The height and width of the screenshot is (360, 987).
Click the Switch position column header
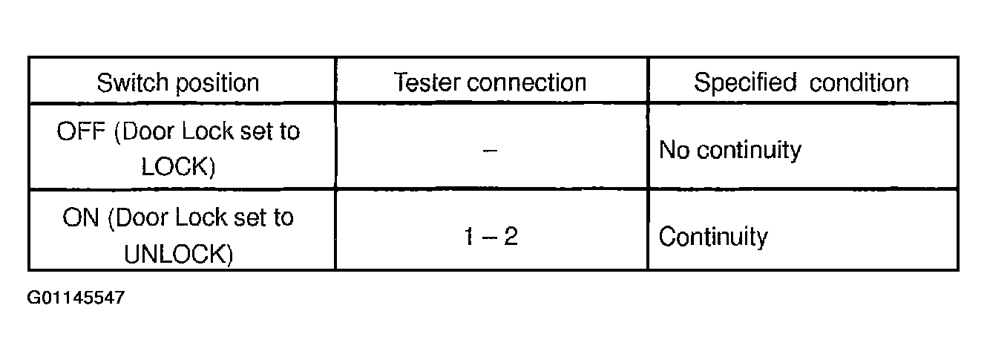178,82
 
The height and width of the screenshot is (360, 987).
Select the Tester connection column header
491,82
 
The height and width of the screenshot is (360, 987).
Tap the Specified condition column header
801,82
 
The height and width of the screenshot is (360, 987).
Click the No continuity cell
730,150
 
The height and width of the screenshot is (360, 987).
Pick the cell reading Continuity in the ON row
713,237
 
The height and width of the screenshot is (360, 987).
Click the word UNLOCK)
178,254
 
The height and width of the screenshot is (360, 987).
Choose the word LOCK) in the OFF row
178,167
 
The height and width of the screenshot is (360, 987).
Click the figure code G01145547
76,298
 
